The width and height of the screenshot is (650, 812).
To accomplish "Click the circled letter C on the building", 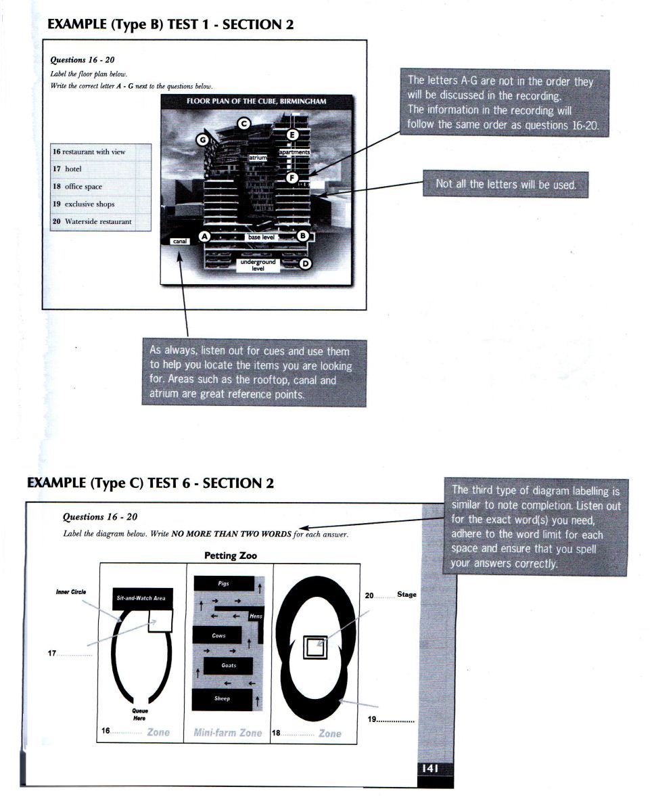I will [x=244, y=123].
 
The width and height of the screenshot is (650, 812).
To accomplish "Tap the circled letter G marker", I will [x=201, y=140].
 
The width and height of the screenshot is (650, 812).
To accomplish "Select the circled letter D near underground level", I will [x=305, y=263].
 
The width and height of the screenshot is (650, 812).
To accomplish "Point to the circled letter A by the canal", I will [x=205, y=237].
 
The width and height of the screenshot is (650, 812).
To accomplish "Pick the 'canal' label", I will [x=179, y=240].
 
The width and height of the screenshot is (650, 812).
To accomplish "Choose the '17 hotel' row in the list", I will [x=100, y=168].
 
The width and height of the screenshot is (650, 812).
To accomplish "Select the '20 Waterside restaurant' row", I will [x=100, y=221].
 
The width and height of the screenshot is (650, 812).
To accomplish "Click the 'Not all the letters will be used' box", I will [x=505, y=184].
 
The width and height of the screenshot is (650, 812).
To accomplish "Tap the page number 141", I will [x=431, y=769].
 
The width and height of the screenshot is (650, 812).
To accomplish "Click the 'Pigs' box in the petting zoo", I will [x=224, y=583].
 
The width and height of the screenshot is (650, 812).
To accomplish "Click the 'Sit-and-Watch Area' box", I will [x=143, y=598].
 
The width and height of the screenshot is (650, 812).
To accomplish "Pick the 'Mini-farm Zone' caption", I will [x=227, y=733].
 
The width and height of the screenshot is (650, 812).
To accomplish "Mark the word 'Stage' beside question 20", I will [x=407, y=595].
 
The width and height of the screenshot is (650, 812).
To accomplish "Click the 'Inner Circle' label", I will [x=71, y=592].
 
